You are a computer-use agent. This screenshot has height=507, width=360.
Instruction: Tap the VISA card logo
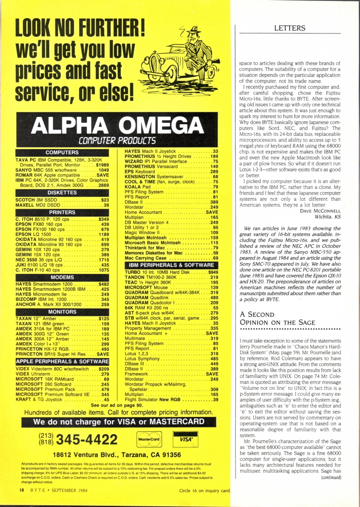point(185,440)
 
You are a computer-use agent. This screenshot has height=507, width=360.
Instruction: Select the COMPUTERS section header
point(62,152)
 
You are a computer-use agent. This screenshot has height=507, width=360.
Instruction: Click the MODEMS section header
point(62,277)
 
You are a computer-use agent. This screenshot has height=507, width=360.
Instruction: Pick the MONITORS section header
point(62,312)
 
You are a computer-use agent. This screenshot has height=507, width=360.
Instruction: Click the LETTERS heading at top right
point(290,28)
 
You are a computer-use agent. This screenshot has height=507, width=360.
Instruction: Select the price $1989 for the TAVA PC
point(101,165)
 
